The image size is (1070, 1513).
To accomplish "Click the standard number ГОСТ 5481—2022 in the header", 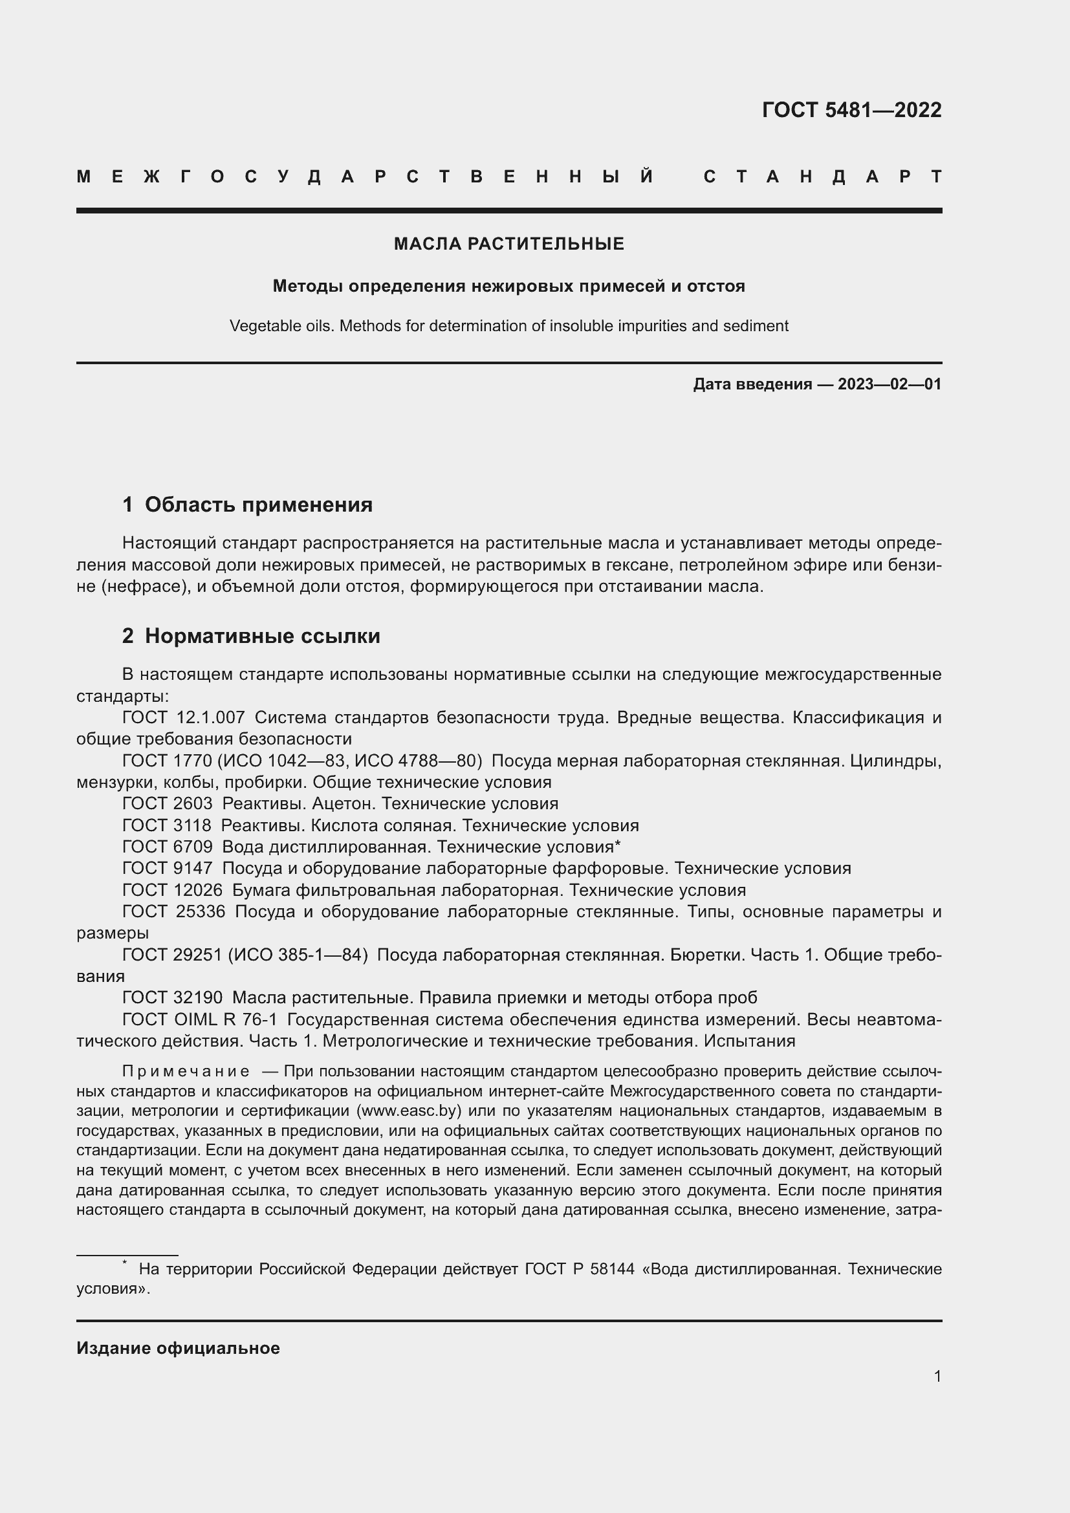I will click(x=851, y=110).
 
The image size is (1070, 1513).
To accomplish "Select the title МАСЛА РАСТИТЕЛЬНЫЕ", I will click(x=508, y=245).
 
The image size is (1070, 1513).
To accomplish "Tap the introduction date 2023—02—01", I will click(x=890, y=384).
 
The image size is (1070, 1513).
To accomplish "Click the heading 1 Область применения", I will click(x=247, y=505).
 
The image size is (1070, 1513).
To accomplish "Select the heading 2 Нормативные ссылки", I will click(x=251, y=636).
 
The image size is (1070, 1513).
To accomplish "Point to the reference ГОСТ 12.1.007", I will click(x=183, y=717).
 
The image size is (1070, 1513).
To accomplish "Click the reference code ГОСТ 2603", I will click(x=168, y=804).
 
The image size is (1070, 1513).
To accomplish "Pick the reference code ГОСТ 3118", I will click(x=167, y=825).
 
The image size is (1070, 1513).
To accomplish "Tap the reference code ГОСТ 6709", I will click(x=168, y=847).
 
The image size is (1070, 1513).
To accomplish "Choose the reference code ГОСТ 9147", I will click(x=168, y=869).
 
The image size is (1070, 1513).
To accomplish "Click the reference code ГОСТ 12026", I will click(x=173, y=890).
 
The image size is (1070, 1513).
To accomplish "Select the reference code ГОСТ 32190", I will click(x=173, y=997).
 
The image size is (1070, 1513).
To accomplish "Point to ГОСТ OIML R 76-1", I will click(x=200, y=1019).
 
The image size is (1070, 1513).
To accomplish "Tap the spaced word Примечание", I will click(x=186, y=1071).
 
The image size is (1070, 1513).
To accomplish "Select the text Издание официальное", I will click(x=178, y=1348).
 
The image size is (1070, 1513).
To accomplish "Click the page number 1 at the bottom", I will click(x=937, y=1376).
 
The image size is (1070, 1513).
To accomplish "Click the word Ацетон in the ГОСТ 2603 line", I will click(x=342, y=804).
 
